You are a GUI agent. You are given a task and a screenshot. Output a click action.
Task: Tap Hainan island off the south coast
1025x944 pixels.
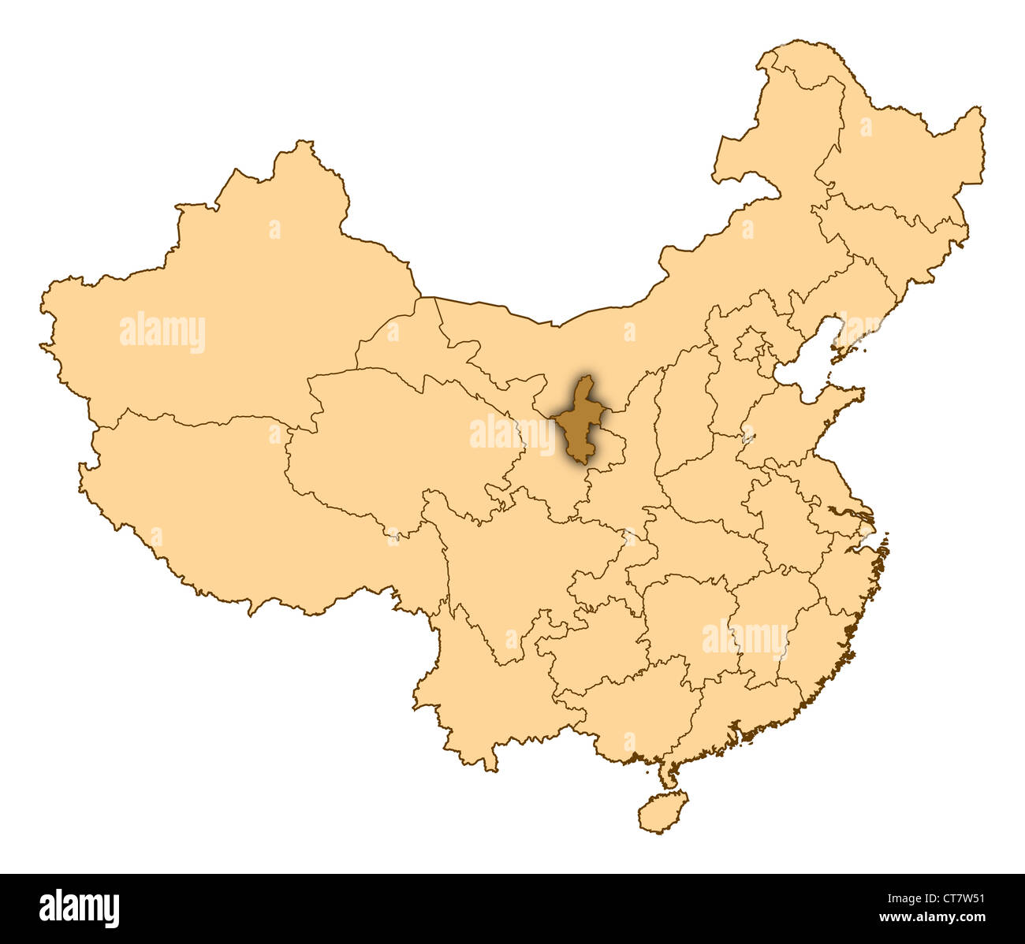(662, 812)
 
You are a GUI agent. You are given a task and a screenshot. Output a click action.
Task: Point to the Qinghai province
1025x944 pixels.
(394, 441)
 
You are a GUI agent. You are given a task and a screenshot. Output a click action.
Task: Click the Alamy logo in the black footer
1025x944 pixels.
(79, 908)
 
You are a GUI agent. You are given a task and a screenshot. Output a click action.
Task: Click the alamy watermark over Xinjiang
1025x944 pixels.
(162, 333)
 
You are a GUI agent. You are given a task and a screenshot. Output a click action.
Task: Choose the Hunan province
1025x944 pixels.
(686, 623)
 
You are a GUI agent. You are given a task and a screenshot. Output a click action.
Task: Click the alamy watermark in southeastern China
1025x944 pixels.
(745, 638)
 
